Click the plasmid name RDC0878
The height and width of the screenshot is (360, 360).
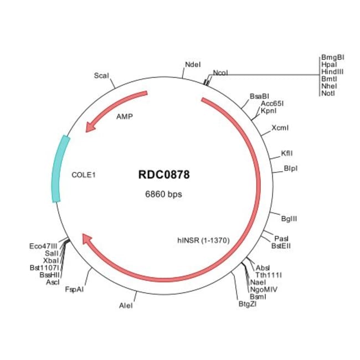[x=164, y=174]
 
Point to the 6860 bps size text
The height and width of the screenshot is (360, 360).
[x=163, y=194]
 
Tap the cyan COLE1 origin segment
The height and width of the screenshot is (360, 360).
[x=59, y=169]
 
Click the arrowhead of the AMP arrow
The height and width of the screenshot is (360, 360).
[x=90, y=127]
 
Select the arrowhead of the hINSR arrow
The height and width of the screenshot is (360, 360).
[x=88, y=239]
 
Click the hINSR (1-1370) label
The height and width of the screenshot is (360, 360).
[x=203, y=240]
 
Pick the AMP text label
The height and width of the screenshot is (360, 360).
[x=125, y=117]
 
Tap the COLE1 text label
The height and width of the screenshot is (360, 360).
[x=83, y=175]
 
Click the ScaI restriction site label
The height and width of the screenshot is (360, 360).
[x=101, y=75]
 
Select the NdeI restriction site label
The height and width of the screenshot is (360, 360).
[x=193, y=64]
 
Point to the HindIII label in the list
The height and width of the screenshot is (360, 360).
[x=332, y=71]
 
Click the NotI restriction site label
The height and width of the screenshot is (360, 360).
[x=328, y=93]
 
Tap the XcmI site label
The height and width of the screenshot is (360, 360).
[x=280, y=127]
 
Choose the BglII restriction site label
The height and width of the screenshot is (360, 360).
[x=289, y=219]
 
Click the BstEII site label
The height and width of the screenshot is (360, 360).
[x=281, y=246]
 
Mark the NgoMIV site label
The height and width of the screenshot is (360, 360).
[x=264, y=290]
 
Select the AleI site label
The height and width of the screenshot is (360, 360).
[x=126, y=306]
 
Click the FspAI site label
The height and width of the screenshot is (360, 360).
[x=74, y=289]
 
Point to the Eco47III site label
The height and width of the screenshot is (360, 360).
[x=43, y=246]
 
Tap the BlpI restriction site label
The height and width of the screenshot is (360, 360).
[x=291, y=168]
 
